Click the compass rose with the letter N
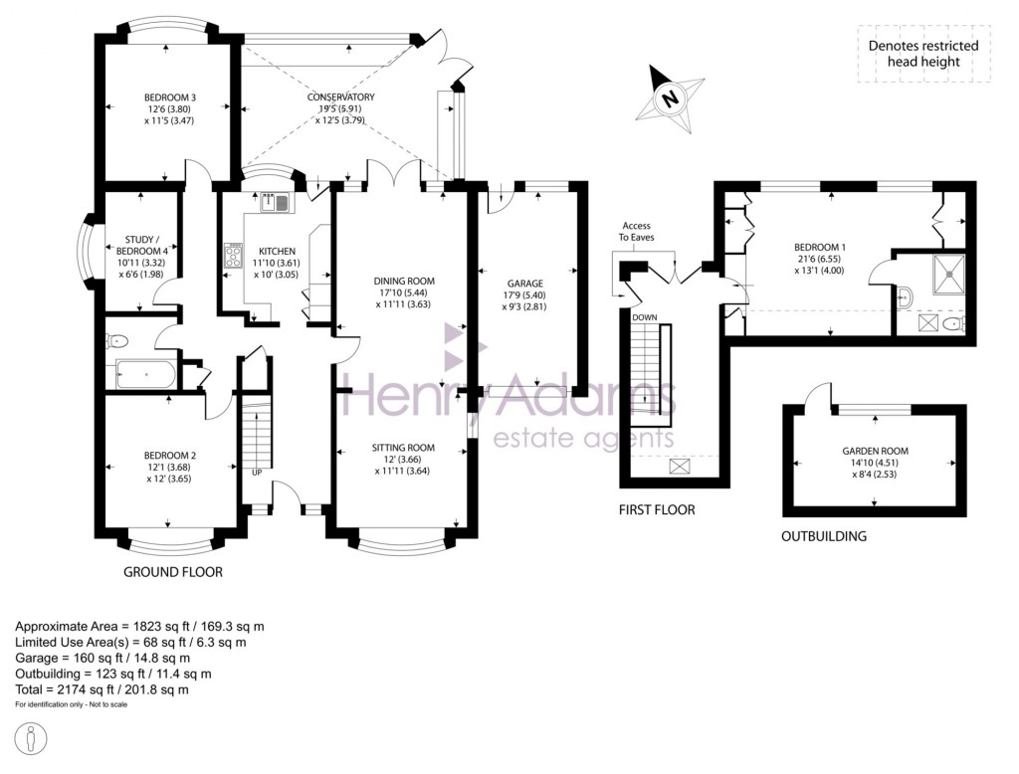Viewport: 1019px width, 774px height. click(670, 97)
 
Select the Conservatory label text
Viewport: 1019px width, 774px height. click(340, 97)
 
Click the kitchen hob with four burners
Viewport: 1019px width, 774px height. click(233, 256)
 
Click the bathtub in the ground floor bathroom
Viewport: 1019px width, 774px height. click(146, 374)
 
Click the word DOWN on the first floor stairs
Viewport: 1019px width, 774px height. click(644, 317)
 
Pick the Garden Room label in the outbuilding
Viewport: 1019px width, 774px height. click(875, 451)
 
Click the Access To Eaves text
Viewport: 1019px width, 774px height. click(636, 232)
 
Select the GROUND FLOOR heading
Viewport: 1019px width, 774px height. click(172, 572)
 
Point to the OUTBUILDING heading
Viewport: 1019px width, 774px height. click(824, 536)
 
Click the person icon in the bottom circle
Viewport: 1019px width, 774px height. click(35, 739)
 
